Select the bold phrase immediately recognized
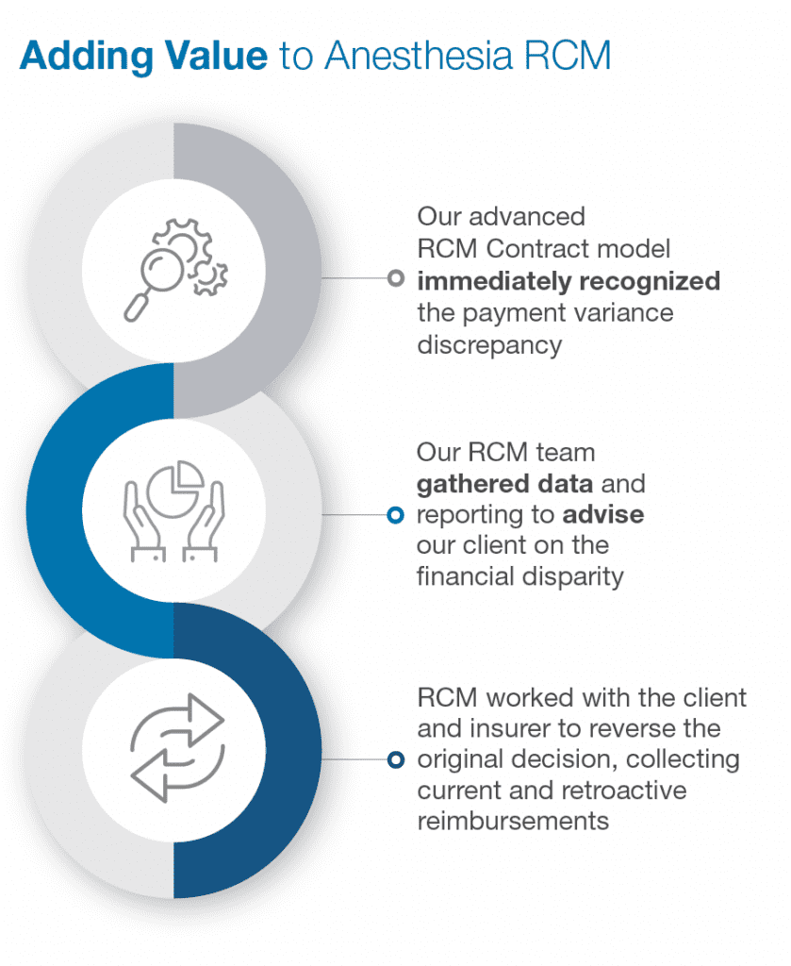(569, 281)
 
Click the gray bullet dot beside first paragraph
(396, 278)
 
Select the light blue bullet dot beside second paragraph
(396, 514)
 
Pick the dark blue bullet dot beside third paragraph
(396, 760)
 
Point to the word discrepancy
(489, 343)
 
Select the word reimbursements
(513, 821)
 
